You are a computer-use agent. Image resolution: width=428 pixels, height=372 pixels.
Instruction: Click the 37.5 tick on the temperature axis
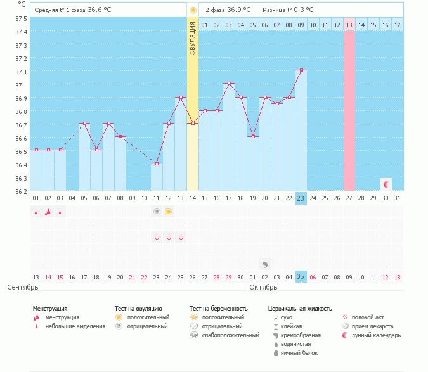coord(21,18)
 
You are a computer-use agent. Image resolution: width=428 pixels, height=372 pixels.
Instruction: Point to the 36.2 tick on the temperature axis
coord(21,191)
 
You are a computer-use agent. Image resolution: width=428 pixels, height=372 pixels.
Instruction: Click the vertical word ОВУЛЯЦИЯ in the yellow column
coord(193,37)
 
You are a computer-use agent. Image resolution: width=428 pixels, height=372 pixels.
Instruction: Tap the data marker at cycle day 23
coord(301,70)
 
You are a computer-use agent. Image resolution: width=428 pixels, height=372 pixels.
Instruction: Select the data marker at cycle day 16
coord(217,110)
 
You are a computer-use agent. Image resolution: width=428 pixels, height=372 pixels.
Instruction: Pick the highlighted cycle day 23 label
coord(301,198)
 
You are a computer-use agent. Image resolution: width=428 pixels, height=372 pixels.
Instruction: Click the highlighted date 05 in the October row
coord(301,277)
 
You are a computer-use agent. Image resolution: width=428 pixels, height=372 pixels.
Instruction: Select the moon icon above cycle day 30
coord(386,183)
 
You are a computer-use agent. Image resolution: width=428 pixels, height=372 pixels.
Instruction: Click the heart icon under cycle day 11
coord(157,238)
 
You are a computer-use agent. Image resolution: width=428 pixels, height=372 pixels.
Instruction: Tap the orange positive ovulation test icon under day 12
coord(169,212)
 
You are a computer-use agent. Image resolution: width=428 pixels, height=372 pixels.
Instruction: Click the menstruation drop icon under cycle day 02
coord(48,212)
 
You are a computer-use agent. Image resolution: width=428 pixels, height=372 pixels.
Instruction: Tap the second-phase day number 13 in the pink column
coord(349,25)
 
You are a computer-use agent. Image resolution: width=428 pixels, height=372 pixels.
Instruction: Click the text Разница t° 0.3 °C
coord(288,10)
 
